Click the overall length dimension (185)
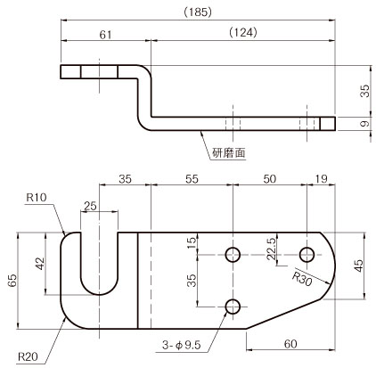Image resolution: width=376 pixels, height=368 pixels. [x=198, y=12]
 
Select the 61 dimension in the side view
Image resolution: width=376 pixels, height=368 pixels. [x=105, y=35]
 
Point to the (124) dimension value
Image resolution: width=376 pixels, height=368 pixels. [x=243, y=32]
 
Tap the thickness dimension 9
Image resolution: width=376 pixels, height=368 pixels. [x=365, y=123]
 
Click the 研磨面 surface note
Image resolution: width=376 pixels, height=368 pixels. [x=229, y=153]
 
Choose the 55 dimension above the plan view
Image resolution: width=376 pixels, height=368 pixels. [x=192, y=179]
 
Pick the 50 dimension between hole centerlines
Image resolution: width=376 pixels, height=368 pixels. [x=269, y=179]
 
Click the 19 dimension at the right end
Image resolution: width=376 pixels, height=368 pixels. [x=321, y=179]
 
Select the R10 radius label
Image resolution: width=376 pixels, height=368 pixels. [x=37, y=197]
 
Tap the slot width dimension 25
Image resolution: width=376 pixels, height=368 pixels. [x=90, y=206]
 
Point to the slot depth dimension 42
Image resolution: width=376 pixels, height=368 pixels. [x=40, y=264]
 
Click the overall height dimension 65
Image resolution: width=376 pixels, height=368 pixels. [x=12, y=281]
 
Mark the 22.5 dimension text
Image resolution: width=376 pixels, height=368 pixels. [x=272, y=249]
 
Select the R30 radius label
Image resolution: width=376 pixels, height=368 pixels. [x=302, y=279]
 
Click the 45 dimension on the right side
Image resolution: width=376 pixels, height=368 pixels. [x=359, y=266]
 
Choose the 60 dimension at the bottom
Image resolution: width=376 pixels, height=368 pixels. [x=290, y=344]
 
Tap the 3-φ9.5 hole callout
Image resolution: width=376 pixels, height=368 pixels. [x=182, y=345]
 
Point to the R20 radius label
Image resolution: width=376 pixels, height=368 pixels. [x=28, y=356]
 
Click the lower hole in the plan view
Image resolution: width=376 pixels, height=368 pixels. [x=233, y=307]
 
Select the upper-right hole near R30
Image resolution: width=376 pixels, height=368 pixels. [x=307, y=255]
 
